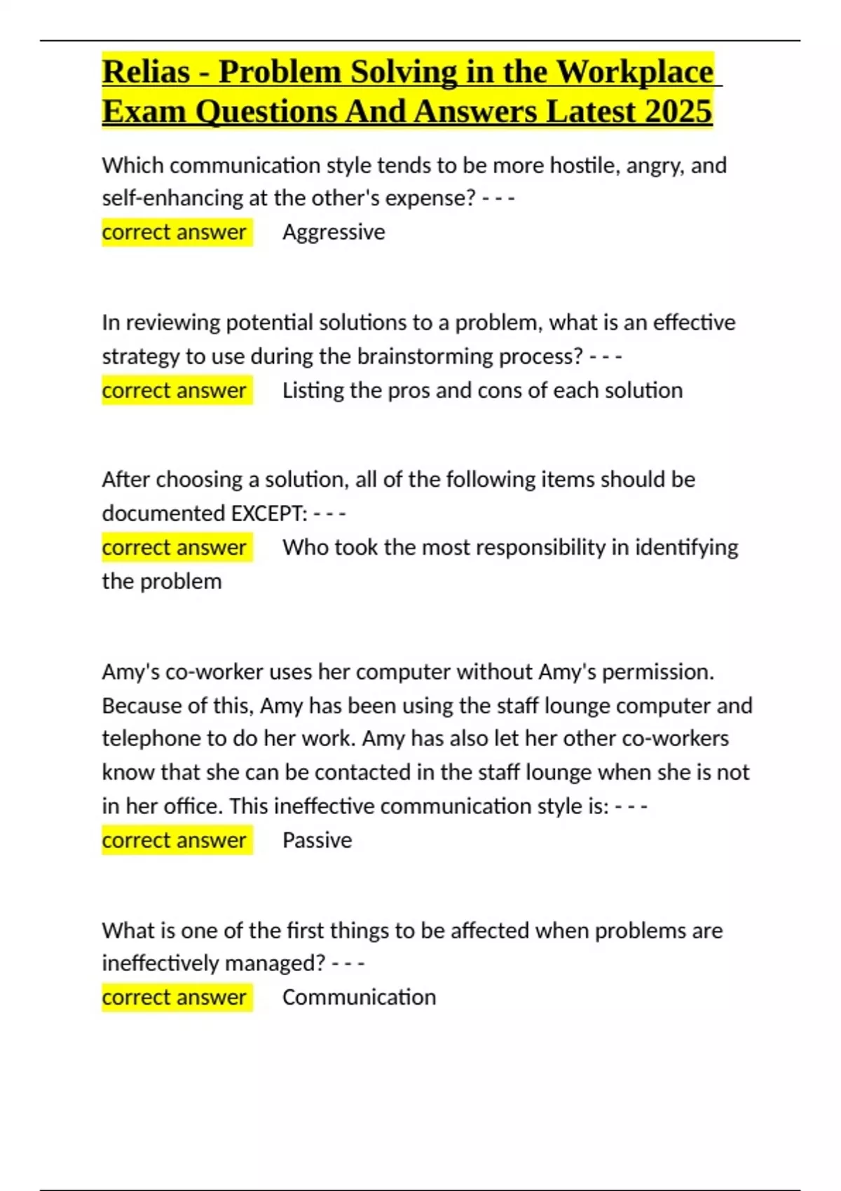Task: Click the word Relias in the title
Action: (x=146, y=72)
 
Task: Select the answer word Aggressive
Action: (x=334, y=232)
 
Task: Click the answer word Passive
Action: (x=317, y=840)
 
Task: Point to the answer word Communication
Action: (x=359, y=997)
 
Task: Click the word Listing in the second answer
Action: (x=313, y=390)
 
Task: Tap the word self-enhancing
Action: (x=172, y=198)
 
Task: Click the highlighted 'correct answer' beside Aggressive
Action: (x=175, y=232)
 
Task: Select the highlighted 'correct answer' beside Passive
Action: (x=175, y=840)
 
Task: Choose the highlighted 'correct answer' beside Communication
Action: (x=175, y=997)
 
